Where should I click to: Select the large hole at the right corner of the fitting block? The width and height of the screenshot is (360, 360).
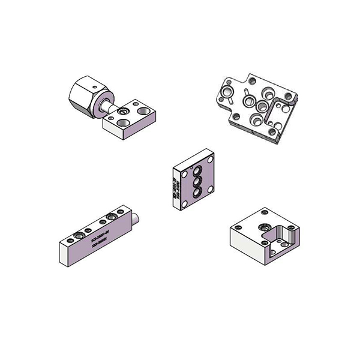tap(143, 110)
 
